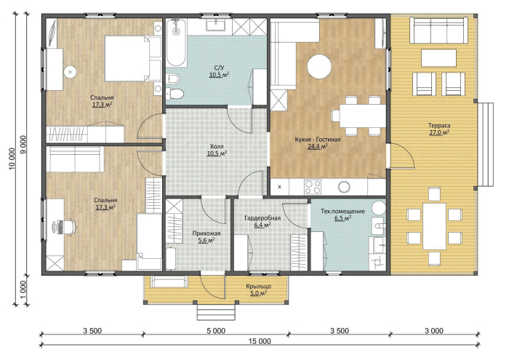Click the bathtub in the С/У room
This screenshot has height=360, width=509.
176,42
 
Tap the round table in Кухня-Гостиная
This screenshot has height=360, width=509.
319,67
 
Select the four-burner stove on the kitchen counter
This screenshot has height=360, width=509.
312,187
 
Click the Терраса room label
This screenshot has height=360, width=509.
439,125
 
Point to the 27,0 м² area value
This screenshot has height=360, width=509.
439,132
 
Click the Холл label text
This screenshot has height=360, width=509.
217,146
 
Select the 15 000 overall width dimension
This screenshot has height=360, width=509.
260,341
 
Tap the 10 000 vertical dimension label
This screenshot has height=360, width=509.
12,159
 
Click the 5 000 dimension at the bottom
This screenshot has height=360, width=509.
216,331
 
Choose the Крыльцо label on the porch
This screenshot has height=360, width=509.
258,287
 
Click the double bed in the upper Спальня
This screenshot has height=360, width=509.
133,58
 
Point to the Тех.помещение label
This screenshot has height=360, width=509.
342,212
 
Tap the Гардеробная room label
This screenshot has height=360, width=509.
262,218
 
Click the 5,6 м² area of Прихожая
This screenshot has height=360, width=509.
206,241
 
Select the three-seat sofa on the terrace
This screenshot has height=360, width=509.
438,31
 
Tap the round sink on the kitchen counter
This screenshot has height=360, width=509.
344,187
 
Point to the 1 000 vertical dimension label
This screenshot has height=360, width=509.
23,290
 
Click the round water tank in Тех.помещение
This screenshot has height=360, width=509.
379,208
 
